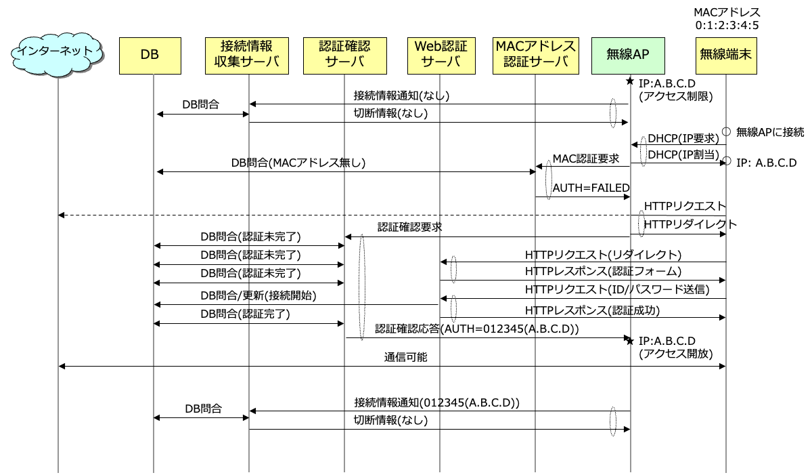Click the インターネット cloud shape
58,54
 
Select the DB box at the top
150,56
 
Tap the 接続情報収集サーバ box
247,56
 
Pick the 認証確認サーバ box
344,56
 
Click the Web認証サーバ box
441,56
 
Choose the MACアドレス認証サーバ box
536,56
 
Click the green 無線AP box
628,56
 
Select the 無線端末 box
726,56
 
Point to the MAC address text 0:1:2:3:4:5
727,25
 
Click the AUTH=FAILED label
591,188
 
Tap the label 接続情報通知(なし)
401,96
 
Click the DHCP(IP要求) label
683,138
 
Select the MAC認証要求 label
586,159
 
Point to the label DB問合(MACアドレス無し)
298,163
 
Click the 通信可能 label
405,357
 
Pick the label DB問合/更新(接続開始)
258,295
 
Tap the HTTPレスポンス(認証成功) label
592,310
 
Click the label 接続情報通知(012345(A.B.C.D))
437,402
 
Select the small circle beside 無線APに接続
726,131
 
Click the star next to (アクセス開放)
630,341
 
